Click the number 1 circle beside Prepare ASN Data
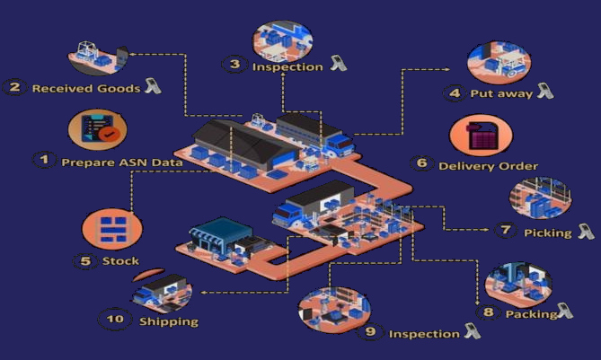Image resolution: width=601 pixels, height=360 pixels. point(42,160)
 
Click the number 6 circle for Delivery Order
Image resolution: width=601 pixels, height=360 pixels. point(421,163)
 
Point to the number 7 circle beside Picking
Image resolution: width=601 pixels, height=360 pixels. point(506,231)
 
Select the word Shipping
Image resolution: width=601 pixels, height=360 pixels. point(168,320)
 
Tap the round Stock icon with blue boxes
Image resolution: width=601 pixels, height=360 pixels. point(110,228)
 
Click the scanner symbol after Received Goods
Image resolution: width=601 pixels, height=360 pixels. point(152,86)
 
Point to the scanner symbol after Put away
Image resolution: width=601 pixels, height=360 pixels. point(544,91)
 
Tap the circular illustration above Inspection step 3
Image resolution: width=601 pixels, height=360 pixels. point(282,38)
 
